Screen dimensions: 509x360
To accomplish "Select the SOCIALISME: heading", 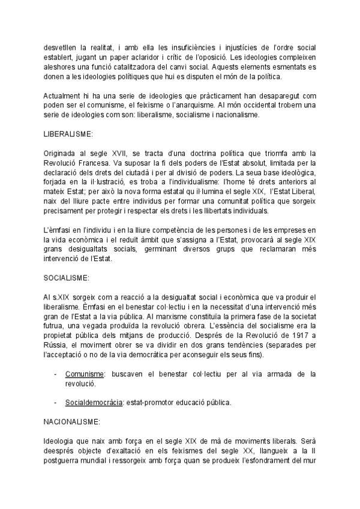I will (x=67, y=279).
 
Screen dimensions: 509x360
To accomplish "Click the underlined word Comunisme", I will (x=85, y=374).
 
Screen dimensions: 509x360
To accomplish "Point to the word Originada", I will (x=60, y=154).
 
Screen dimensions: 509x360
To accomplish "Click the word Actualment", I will (x=62, y=96).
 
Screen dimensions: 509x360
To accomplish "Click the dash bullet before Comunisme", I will (x=55, y=374).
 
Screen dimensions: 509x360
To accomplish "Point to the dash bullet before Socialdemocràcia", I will (x=55, y=401).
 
